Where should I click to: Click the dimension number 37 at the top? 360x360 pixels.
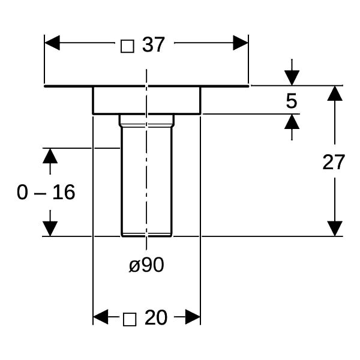tap(153, 44)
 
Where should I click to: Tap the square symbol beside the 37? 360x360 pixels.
tap(127, 46)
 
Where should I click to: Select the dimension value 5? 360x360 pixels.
tap(292, 101)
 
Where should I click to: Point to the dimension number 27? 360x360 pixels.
tap(334, 162)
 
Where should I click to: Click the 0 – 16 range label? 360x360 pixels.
tap(46, 192)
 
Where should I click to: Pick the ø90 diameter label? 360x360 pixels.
tap(146, 265)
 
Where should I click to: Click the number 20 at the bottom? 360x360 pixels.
tap(156, 317)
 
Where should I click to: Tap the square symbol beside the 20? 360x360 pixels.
tap(130, 319)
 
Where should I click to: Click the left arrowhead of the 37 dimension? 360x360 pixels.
tap(52, 43)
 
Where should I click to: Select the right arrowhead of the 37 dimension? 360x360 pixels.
tap(241, 43)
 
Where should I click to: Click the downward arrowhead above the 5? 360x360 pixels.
tap(292, 78)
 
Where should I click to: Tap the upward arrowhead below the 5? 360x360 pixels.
tap(292, 121)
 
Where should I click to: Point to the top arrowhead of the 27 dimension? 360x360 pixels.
tap(335, 93)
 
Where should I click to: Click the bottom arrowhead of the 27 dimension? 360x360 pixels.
tap(335, 229)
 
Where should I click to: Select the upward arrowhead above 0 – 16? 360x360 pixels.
tap(50, 156)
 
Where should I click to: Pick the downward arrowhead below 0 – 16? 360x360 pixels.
tap(50, 229)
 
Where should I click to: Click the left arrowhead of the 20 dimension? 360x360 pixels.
tap(101, 317)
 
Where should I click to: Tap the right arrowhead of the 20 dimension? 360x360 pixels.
tap(193, 317)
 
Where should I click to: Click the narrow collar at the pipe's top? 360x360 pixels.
tap(146, 121)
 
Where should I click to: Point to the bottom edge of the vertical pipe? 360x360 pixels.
tap(146, 236)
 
